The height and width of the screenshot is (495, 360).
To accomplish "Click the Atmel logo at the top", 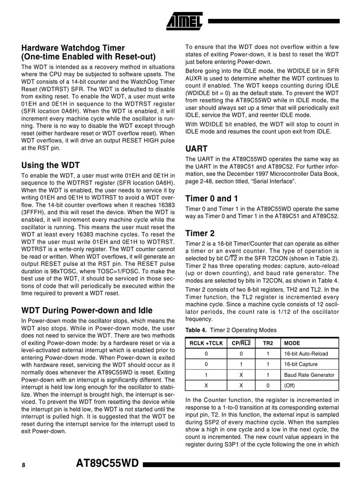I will coord(184,20).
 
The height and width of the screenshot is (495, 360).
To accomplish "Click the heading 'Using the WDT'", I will coord(50,165).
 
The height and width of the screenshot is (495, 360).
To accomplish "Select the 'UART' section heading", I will coord(196,149).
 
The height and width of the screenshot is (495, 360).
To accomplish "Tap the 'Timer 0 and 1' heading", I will coord(211,198).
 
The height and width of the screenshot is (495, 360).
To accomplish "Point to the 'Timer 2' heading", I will coord(200,233).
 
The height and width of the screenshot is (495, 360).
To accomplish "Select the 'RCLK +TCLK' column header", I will coord(206,343).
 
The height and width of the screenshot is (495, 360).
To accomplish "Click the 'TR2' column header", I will coord(268,343).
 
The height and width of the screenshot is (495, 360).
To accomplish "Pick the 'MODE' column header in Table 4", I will coord(292,343).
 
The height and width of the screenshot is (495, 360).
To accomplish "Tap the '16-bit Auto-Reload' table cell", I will coord(306,354).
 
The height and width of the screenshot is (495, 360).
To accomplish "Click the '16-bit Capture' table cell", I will coord(300,365).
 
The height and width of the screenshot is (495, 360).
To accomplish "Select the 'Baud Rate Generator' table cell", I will coord(309,375).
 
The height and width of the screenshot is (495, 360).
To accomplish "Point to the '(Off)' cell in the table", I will coord(289,385).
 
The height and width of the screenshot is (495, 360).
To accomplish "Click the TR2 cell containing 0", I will coord(268,385).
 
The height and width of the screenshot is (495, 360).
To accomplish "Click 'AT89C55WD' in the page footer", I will coord(108,464).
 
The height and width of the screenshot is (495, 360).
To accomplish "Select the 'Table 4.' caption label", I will coord(196,330).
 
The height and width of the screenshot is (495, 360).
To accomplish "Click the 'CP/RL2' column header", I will coord(241,343).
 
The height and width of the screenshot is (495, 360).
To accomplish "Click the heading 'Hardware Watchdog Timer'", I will coord(73,48).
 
